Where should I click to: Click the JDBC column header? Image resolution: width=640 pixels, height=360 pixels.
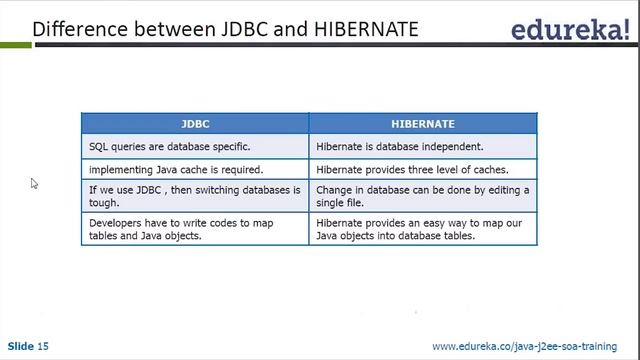pos(194,124)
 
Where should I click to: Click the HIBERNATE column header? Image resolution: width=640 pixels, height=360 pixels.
pos(422,124)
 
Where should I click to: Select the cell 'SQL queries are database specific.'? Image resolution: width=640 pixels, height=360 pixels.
pos(194,146)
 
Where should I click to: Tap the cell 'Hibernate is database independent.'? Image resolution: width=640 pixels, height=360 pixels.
pos(422,146)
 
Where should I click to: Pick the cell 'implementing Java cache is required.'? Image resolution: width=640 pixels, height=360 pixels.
pos(194,169)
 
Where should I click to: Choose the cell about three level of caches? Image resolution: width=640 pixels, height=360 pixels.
pos(422,169)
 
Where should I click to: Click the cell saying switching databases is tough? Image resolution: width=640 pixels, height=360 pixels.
pos(194,196)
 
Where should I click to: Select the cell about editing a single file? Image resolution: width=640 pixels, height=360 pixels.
pos(422,196)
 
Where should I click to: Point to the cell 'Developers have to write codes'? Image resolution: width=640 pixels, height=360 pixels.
pos(194,229)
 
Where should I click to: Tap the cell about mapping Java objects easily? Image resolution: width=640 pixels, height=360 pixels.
pos(422,229)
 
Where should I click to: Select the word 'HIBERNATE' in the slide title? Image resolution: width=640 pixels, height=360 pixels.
pos(361,29)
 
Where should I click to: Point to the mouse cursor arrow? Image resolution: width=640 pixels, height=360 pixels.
pos(34,184)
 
